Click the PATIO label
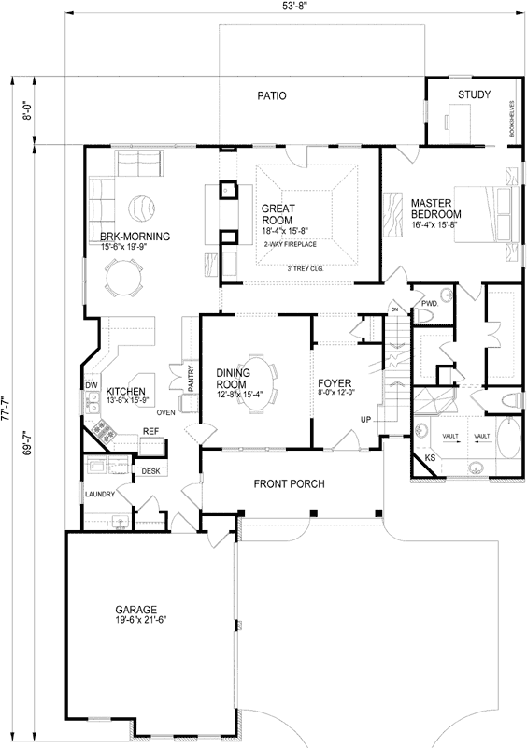coord(271,95)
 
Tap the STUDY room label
coord(474,94)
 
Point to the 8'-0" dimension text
coord(28,111)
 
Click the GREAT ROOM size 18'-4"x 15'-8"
coord(285,230)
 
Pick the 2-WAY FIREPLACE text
coord(290,245)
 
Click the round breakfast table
coord(124,278)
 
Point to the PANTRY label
coord(191,378)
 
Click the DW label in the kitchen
coord(92,385)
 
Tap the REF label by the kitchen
coord(150,431)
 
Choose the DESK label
coord(150,470)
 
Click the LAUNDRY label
coord(99,494)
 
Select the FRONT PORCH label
coord(289,484)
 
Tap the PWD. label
coord(430,303)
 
